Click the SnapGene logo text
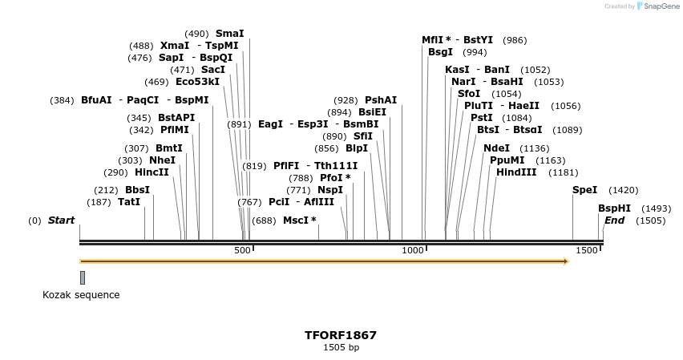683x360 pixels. [661, 6]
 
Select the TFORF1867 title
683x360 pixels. [341, 335]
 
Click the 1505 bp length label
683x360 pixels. [341, 348]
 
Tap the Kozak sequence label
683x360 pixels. [81, 295]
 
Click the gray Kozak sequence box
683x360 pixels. [82, 277]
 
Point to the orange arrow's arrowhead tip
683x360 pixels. [568, 261]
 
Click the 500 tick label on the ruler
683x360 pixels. [242, 251]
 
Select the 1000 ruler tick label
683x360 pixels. [413, 251]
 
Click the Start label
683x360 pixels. [61, 220]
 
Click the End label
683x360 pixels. [614, 220]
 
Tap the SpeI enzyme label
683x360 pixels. [584, 190]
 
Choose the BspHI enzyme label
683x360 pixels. [614, 208]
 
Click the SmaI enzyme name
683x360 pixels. [229, 34]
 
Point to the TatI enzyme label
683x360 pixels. [128, 202]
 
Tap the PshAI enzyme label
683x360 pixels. [381, 100]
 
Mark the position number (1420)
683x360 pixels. [623, 190]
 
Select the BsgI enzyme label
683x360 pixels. [440, 52]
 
